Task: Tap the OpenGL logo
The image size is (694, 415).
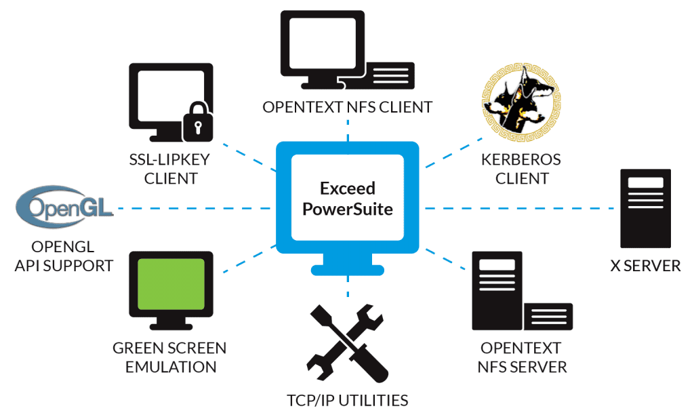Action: point(64,206)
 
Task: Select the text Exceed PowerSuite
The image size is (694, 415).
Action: point(347,198)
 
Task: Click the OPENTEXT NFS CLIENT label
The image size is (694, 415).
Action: point(347,107)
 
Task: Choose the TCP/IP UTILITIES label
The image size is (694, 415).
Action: point(347,399)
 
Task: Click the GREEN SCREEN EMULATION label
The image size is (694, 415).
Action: point(169,357)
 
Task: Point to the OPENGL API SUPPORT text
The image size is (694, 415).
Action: point(64,256)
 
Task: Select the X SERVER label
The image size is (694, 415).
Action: point(645,265)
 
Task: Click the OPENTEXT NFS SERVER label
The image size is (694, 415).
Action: point(521,357)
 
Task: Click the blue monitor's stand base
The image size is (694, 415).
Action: point(347,269)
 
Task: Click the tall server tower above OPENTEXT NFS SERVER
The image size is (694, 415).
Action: point(498,288)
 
